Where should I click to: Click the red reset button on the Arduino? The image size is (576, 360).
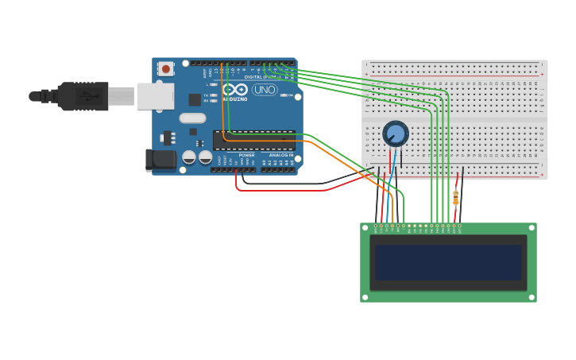pyautogui.click(x=165, y=69)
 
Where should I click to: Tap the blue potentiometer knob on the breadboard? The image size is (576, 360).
pyautogui.click(x=395, y=133)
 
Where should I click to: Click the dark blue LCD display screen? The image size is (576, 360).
pyautogui.click(x=448, y=262)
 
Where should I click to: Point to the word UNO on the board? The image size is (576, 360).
pyautogui.click(x=264, y=90)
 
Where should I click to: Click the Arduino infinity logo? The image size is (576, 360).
pyautogui.click(x=235, y=90)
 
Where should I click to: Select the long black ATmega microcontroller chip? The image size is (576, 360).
pyautogui.click(x=253, y=140)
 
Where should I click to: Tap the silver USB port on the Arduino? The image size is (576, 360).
pyautogui.click(x=155, y=96)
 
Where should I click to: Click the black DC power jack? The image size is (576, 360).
pyautogui.click(x=161, y=160)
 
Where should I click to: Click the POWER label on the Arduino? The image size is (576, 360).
pyautogui.click(x=246, y=155)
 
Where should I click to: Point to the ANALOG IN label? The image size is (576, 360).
pyautogui.click(x=280, y=155)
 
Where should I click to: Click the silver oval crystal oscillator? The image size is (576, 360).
pyautogui.click(x=192, y=118)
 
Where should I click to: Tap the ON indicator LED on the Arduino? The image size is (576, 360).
pyautogui.click(x=282, y=96)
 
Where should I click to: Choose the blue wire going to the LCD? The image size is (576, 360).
pyautogui.click(x=388, y=203)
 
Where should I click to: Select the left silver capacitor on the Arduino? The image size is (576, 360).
pyautogui.click(x=189, y=157)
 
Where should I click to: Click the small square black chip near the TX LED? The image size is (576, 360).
pyautogui.click(x=195, y=99)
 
